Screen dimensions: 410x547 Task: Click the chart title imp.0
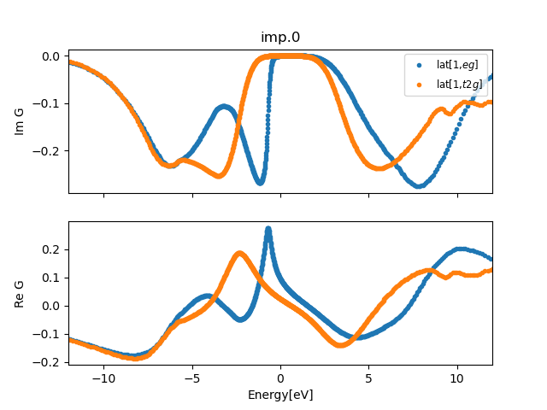[279, 37]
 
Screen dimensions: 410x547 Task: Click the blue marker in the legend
[418, 65]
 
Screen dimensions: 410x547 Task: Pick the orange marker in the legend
[418, 84]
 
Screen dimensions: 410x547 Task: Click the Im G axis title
[20, 121]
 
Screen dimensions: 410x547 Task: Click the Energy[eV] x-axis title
[279, 395]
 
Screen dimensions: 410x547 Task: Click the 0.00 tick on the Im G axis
[50, 56]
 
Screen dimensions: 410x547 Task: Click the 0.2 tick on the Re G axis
[52, 249]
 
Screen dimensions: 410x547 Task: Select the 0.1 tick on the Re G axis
[52, 278]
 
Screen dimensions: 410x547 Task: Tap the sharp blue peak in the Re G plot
[268, 229]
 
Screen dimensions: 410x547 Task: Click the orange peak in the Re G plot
[240, 253]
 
